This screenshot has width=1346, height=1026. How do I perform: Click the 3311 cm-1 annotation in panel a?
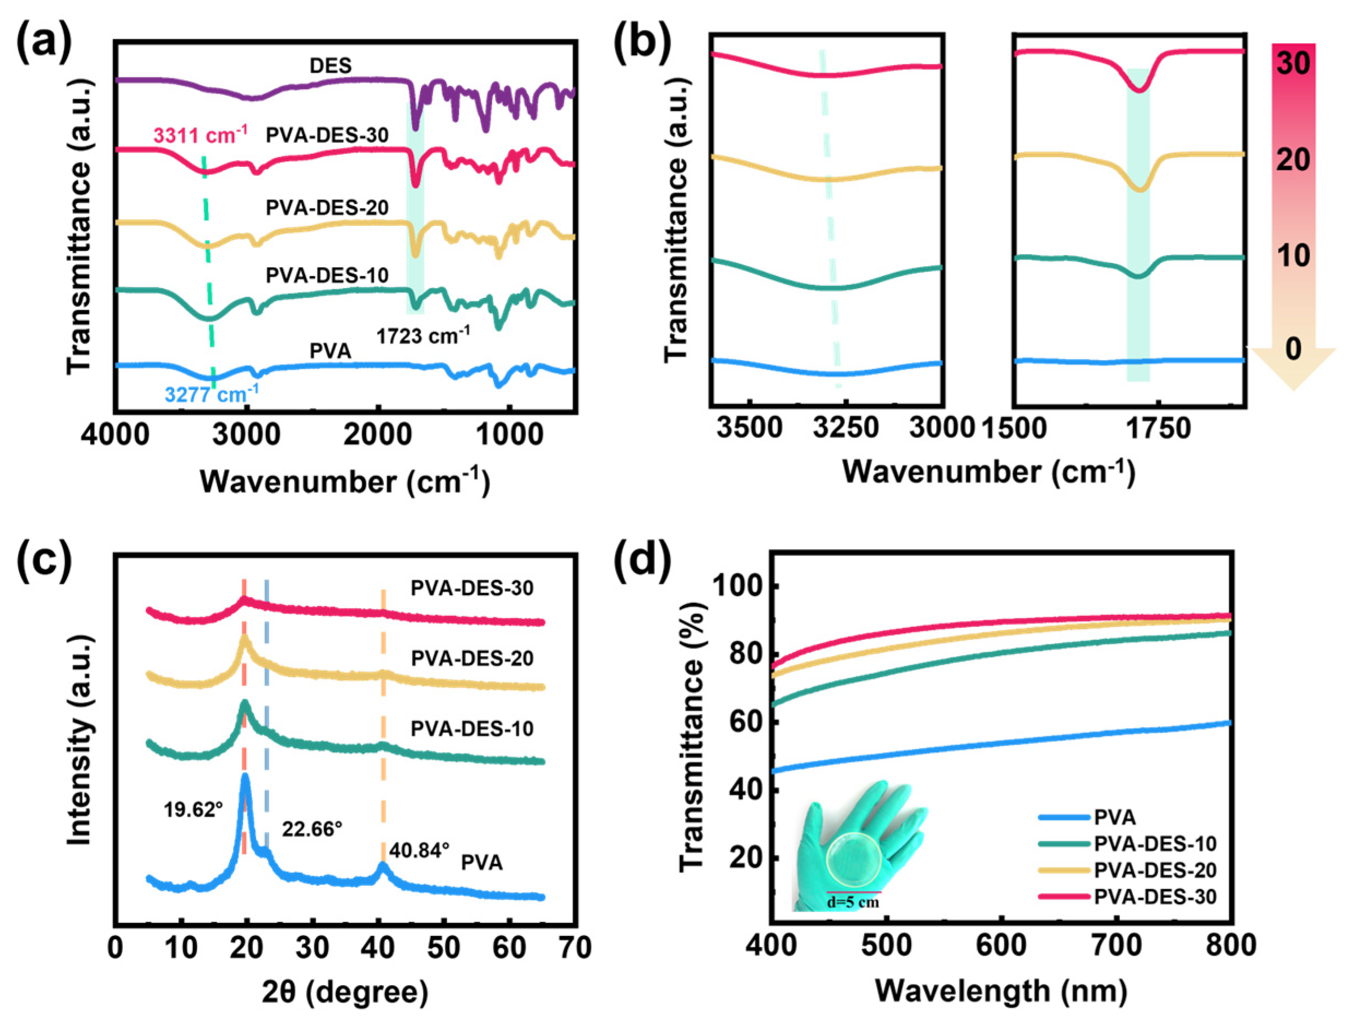pyautogui.click(x=200, y=135)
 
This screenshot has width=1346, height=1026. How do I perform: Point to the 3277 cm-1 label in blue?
pyautogui.click(x=211, y=395)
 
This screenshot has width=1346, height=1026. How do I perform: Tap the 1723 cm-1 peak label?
pyautogui.click(x=424, y=335)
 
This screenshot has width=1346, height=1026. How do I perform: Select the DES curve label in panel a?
pyautogui.click(x=331, y=65)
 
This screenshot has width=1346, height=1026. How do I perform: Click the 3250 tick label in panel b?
pyautogui.click(x=845, y=428)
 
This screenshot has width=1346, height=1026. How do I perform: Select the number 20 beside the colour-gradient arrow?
pyautogui.click(x=1294, y=160)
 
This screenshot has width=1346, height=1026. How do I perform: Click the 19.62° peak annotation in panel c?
pyautogui.click(x=193, y=811)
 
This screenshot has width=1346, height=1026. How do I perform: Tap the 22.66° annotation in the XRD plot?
pyautogui.click(x=312, y=829)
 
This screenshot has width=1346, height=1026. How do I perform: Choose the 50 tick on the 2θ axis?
pyautogui.click(x=444, y=948)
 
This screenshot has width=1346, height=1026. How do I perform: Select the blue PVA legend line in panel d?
pyautogui.click(x=1064, y=817)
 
